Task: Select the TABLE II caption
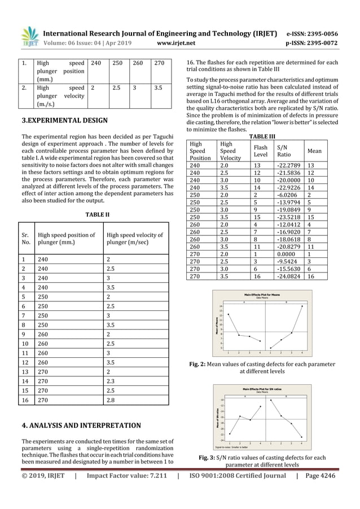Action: pos(96,215)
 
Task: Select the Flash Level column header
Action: pos(261,151)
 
